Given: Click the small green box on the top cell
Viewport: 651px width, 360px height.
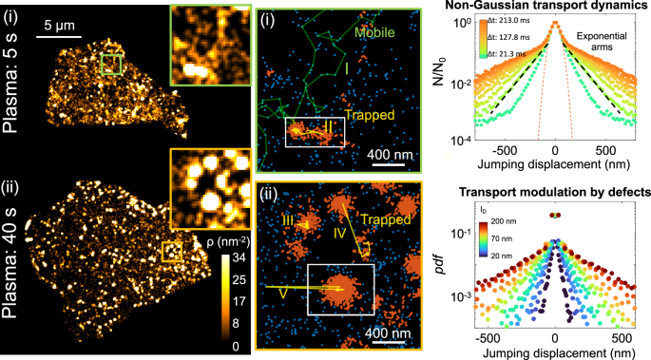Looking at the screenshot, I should [111, 65].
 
